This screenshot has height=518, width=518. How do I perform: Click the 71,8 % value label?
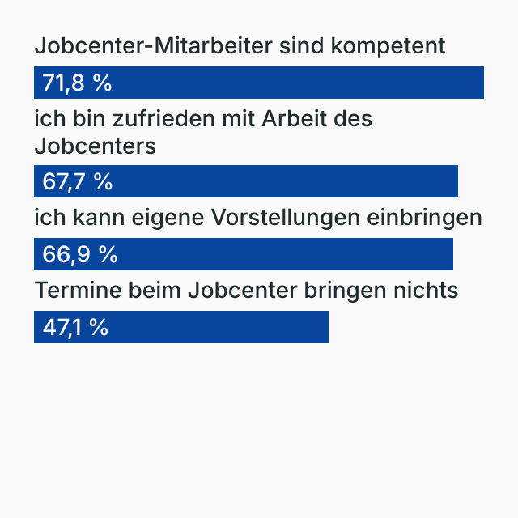coord(77,83)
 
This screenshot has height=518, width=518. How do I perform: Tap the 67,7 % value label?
coord(77,182)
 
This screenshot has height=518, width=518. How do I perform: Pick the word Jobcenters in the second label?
coord(95,146)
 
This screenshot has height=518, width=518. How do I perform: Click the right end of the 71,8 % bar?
coord(482,83)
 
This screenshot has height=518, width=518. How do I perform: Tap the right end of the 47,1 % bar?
coord(327,328)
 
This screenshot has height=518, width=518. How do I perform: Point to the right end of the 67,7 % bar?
coord(456,182)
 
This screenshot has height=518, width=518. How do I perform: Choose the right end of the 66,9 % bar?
coord(452,255)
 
